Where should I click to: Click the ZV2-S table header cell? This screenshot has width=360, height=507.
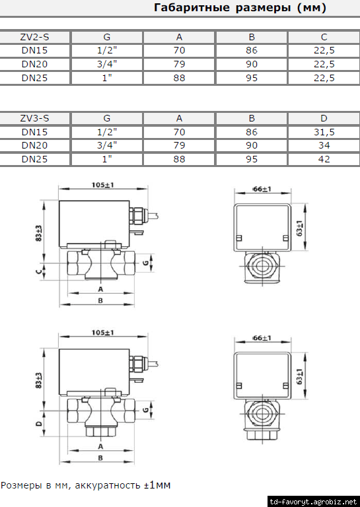34,37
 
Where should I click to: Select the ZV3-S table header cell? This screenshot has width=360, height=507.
34,118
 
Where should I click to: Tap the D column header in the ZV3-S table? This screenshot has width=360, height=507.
324,118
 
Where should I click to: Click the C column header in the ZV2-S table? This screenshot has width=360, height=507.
324,37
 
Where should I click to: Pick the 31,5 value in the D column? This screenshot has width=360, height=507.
324,132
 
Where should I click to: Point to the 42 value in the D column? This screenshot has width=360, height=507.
324,159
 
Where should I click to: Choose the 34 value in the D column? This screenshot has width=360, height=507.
324,145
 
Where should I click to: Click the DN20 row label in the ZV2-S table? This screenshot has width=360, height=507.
34,64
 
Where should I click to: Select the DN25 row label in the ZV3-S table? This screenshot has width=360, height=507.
34,159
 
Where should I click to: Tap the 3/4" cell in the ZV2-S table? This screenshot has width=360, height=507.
107,64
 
